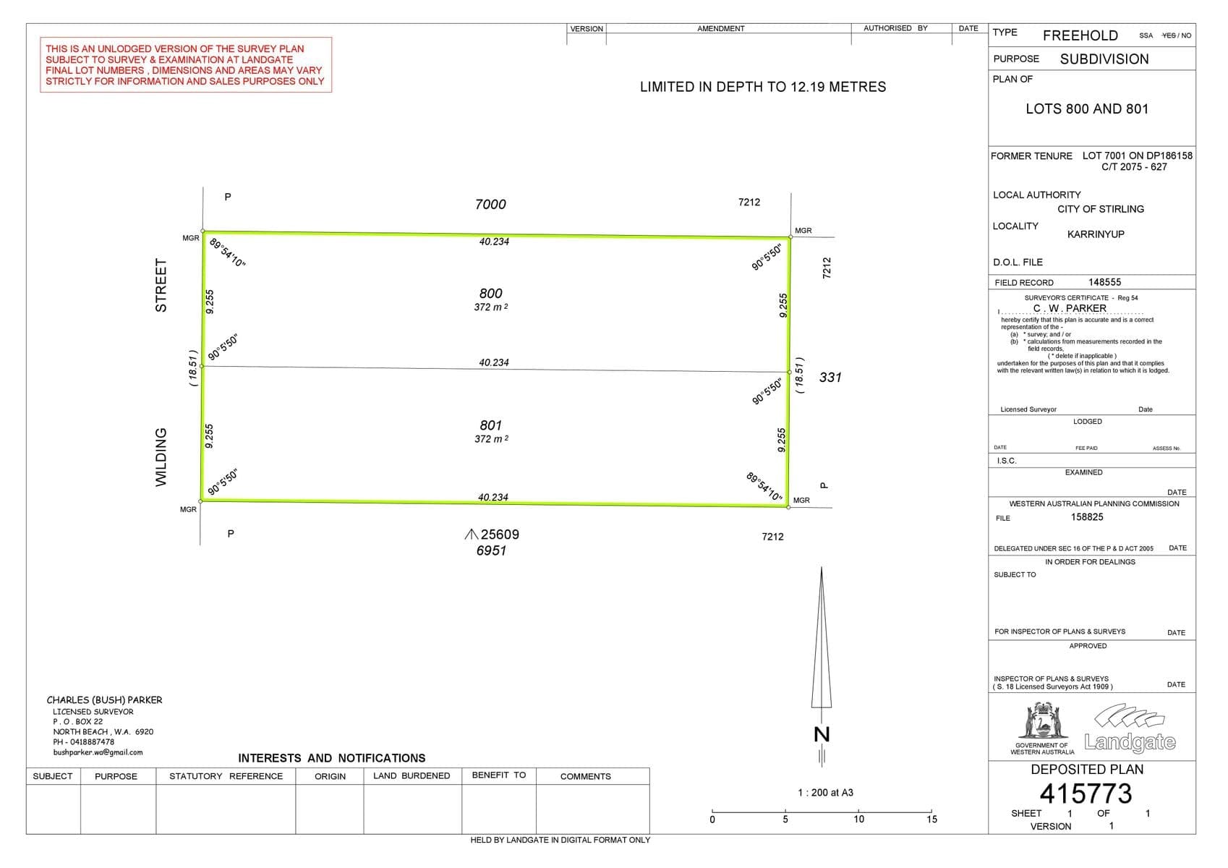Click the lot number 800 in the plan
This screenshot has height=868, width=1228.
point(490,294)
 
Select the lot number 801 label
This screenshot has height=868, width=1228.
point(490,425)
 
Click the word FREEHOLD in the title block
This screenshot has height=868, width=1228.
point(1080,35)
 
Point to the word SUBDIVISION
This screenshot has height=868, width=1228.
point(1104,59)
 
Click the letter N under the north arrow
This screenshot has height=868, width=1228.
point(822,734)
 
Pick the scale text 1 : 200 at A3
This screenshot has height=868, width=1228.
point(825,792)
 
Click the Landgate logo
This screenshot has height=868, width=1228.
point(1130,728)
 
